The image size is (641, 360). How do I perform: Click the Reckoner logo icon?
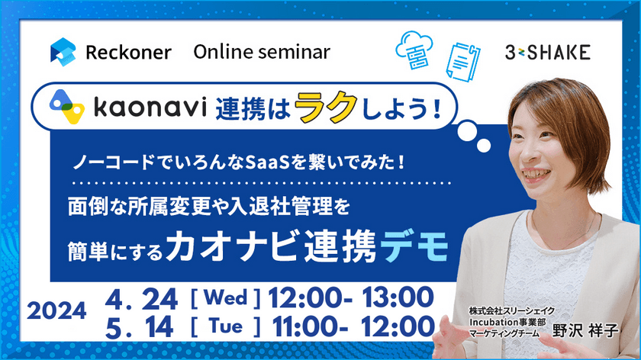coord(63,52)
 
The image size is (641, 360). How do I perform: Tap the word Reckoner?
coord(127,53)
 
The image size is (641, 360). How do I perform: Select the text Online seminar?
coord(262,52)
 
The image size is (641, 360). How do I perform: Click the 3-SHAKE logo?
coord(547,52)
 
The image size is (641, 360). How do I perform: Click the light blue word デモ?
coord(418,247)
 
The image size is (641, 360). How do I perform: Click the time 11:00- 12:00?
coord(347,326)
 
